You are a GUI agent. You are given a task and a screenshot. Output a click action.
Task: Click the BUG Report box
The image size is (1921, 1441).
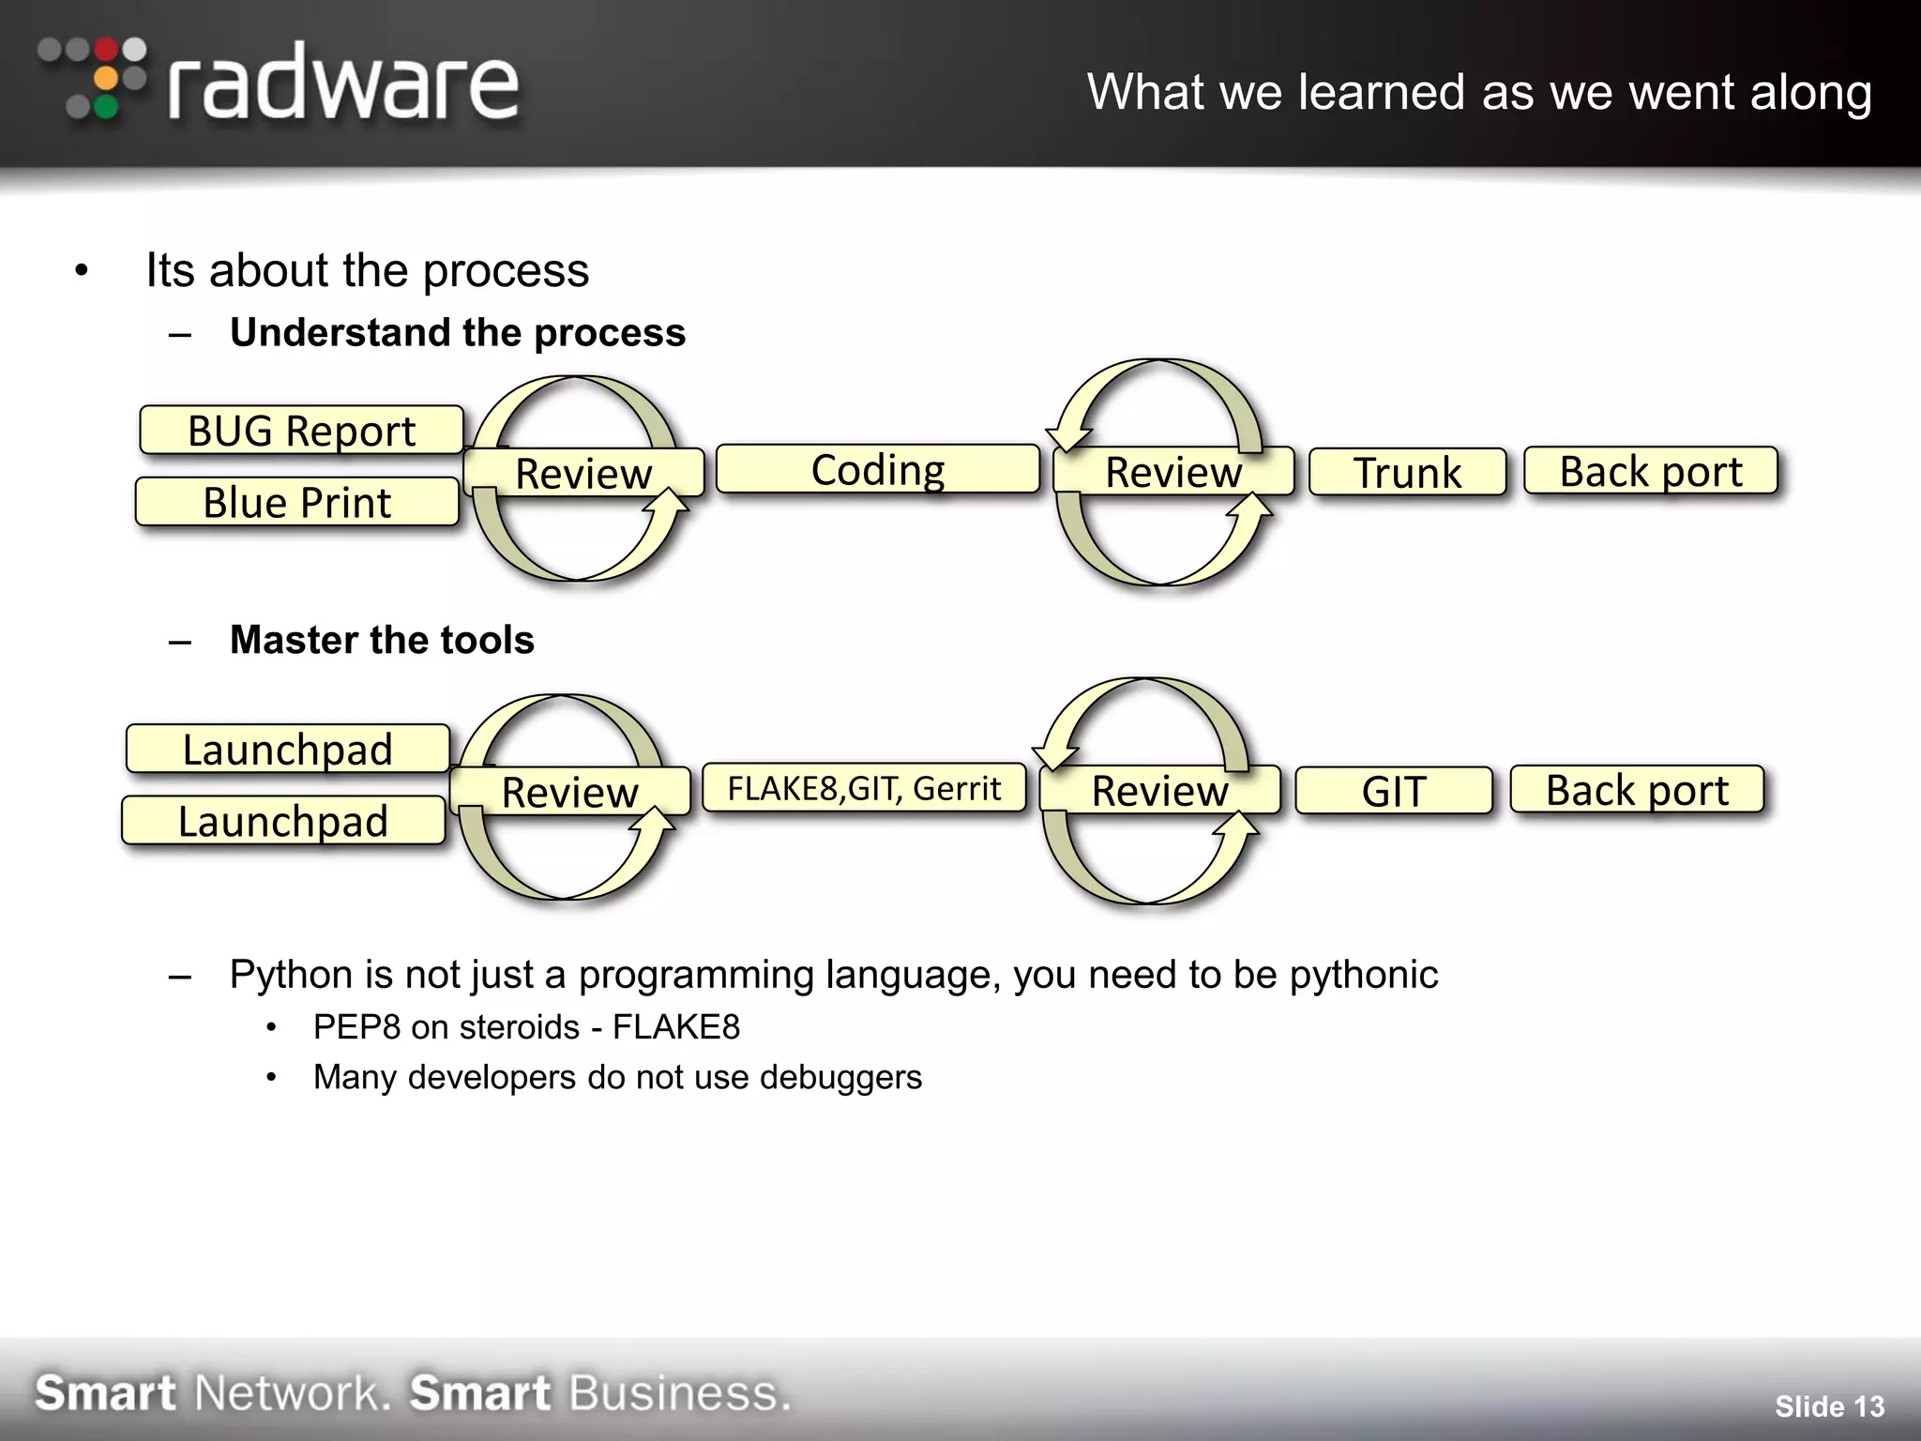coord(301,431)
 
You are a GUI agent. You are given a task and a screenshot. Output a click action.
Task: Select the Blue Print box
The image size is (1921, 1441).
coord(297,502)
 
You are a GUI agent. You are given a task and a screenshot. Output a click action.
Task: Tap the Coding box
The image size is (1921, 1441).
coord(878,469)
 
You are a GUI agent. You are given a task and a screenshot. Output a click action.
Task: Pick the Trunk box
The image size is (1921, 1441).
coord(1407,472)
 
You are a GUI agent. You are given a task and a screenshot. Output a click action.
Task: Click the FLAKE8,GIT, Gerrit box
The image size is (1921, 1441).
coord(864,788)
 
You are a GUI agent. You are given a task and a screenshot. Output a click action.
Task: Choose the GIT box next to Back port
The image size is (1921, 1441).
coord(1394,791)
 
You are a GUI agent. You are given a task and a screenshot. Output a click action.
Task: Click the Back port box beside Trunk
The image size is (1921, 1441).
coord(1651,471)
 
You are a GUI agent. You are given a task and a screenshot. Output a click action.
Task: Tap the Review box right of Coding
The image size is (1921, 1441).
coord(1173,472)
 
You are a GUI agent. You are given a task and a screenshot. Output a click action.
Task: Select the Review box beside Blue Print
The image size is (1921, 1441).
coord(583,473)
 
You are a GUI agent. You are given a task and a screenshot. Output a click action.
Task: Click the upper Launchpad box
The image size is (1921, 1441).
coord(287,749)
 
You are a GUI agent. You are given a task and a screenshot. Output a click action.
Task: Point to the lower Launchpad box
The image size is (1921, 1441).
coord(283,821)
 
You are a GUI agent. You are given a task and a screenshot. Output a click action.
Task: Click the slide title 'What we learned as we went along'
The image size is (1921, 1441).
coord(1479,92)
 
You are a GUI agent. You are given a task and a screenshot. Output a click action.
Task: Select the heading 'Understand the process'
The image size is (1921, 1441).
coord(458,333)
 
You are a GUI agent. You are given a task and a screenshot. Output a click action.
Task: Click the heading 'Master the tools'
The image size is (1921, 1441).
coord(382,640)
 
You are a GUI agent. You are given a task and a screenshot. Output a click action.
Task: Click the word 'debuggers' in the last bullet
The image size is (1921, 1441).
coord(840,1077)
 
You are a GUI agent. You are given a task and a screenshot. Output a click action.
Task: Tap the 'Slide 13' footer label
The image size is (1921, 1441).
coord(1829,1406)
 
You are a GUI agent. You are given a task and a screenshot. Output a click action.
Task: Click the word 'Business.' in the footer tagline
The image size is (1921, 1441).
coord(679,1393)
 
